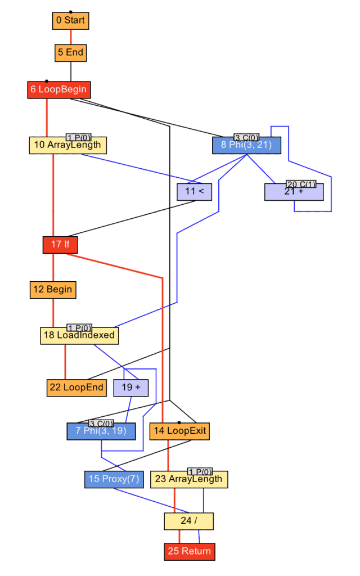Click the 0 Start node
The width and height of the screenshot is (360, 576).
click(70, 21)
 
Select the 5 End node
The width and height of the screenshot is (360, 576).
click(70, 53)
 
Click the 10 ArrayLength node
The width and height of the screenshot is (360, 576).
click(67, 145)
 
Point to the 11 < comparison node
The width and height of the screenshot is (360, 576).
click(194, 192)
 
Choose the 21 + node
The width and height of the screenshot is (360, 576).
click(294, 192)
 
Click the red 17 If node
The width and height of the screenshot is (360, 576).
click(60, 245)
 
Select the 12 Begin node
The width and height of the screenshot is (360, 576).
click(53, 290)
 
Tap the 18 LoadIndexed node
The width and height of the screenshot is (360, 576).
click(79, 335)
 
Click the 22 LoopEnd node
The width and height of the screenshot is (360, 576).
click(76, 388)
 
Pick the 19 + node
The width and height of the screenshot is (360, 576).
click(131, 388)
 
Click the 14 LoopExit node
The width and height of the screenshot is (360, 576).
click(179, 431)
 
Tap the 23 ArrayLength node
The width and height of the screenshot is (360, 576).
click(188, 479)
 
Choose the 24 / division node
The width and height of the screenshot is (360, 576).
click(188, 521)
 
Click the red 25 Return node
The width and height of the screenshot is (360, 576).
click(189, 551)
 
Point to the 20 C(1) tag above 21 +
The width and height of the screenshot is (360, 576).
click(301, 184)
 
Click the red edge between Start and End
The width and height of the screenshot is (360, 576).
click(70, 37)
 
